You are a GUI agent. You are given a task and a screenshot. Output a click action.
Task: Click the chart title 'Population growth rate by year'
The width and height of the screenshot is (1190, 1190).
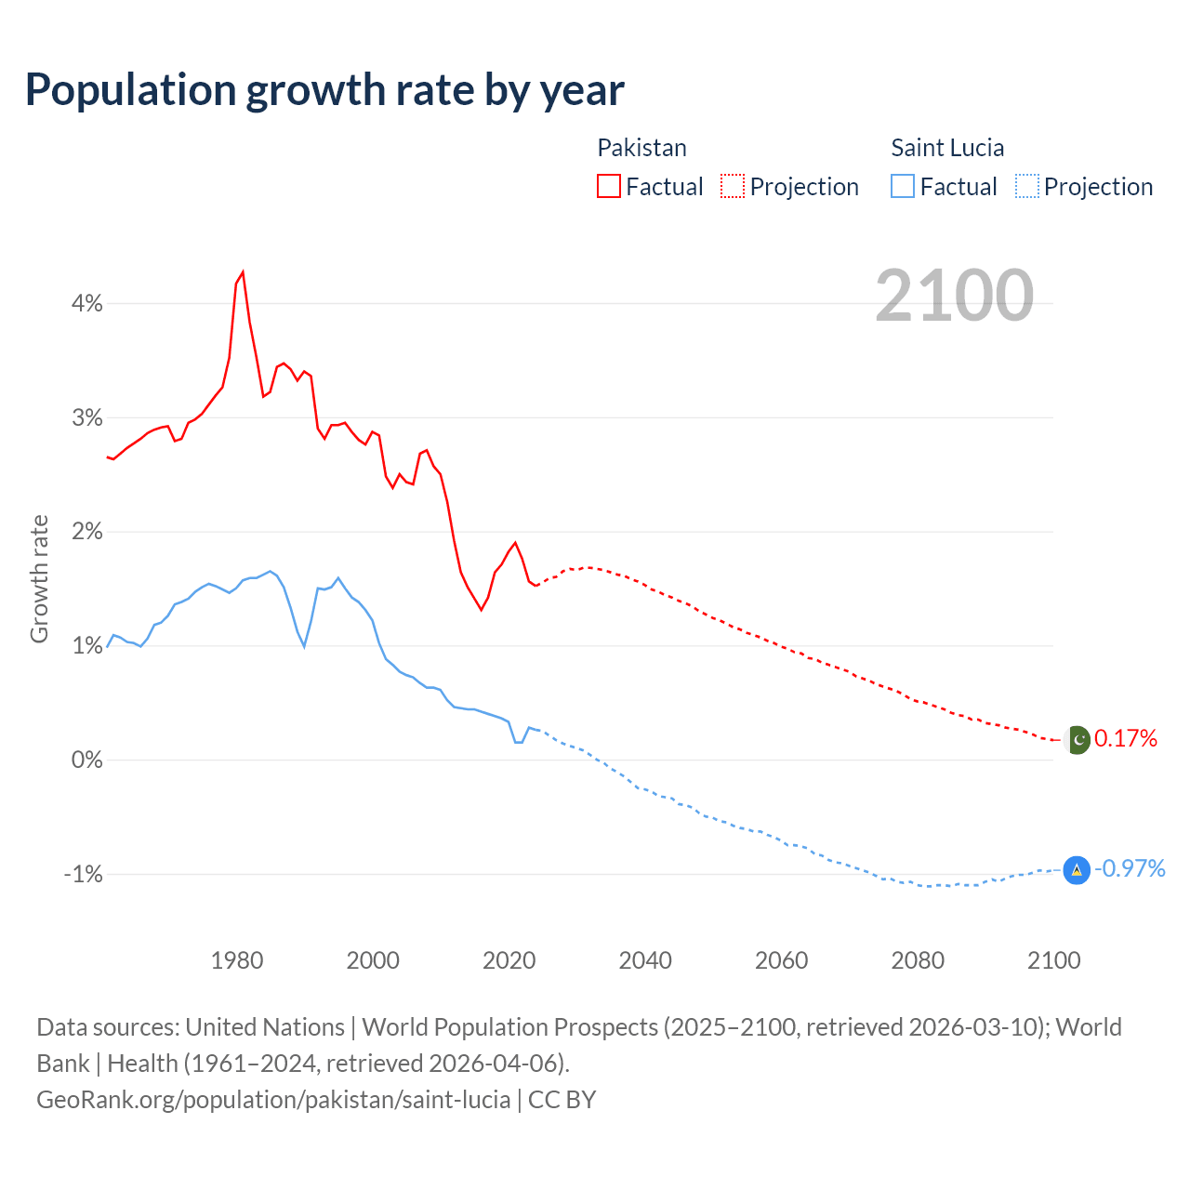tap(324, 90)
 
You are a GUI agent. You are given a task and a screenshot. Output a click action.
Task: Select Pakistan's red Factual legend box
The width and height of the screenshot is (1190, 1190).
tap(609, 186)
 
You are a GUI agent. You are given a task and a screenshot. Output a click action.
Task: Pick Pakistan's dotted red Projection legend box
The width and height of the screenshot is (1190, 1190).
tap(733, 186)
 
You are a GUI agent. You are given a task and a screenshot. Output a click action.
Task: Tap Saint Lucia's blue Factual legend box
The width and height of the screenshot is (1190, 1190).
tap(903, 186)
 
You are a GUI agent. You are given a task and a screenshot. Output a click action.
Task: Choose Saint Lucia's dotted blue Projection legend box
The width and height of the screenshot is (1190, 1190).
tap(1026, 186)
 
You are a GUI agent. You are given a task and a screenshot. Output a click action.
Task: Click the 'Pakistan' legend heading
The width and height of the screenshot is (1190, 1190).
tap(641, 148)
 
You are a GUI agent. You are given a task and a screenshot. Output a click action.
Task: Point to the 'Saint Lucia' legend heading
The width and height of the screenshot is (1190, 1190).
tap(947, 148)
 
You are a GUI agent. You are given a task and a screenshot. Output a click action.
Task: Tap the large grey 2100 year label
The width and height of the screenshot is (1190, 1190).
tap(954, 296)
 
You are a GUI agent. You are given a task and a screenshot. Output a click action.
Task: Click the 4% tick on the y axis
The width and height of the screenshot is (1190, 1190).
tap(87, 303)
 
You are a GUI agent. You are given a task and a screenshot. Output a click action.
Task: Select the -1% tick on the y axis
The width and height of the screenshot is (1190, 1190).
tap(84, 874)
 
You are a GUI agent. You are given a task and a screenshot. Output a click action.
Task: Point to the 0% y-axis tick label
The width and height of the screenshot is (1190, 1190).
tap(87, 760)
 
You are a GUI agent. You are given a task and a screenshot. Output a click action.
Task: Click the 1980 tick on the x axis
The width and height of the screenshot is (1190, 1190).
tap(237, 960)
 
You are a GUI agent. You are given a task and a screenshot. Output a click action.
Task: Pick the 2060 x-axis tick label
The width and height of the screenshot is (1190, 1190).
tap(781, 960)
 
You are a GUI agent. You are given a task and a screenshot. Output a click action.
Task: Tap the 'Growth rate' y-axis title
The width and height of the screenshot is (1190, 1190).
tap(39, 578)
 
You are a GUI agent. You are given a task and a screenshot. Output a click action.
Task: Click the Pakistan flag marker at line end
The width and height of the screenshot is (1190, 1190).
tap(1077, 740)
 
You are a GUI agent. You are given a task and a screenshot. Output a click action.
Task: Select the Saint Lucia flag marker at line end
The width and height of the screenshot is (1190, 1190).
tap(1077, 870)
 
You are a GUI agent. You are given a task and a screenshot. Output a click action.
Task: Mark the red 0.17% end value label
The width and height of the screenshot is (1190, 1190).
tap(1126, 739)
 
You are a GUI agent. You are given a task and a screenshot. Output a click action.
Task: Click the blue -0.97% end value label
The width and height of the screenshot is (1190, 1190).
tap(1130, 869)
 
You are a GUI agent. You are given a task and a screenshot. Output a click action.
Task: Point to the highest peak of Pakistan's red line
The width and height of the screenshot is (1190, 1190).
tap(243, 272)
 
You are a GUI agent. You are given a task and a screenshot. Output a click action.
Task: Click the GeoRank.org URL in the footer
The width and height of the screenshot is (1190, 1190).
tap(273, 1100)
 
